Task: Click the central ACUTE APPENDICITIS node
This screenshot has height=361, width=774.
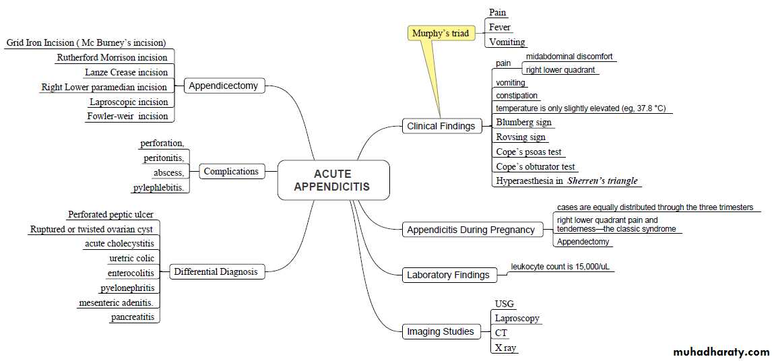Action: (333, 180)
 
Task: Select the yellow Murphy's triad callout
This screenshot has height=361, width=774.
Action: (441, 33)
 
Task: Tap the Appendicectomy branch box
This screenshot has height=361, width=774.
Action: (223, 86)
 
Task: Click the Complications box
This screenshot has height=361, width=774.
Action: (231, 172)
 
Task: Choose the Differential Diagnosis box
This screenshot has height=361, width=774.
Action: (216, 272)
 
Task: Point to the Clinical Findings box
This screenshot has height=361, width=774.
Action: (441, 126)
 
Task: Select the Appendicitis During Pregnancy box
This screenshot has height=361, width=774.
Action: (470, 230)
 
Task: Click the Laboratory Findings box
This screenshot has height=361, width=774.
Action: (448, 275)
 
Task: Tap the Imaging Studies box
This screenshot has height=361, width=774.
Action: (440, 331)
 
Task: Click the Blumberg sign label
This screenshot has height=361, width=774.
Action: (523, 123)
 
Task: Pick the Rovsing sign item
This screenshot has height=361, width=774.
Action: (521, 137)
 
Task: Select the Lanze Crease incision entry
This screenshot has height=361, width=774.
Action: (126, 72)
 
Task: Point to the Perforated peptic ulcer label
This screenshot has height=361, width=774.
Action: (110, 215)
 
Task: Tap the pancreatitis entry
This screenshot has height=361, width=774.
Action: (133, 317)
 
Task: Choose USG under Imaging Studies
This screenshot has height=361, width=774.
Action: (505, 304)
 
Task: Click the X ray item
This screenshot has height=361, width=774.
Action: (505, 348)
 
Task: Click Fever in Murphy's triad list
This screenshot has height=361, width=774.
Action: (500, 28)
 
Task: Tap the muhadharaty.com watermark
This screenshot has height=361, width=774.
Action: (721, 352)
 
